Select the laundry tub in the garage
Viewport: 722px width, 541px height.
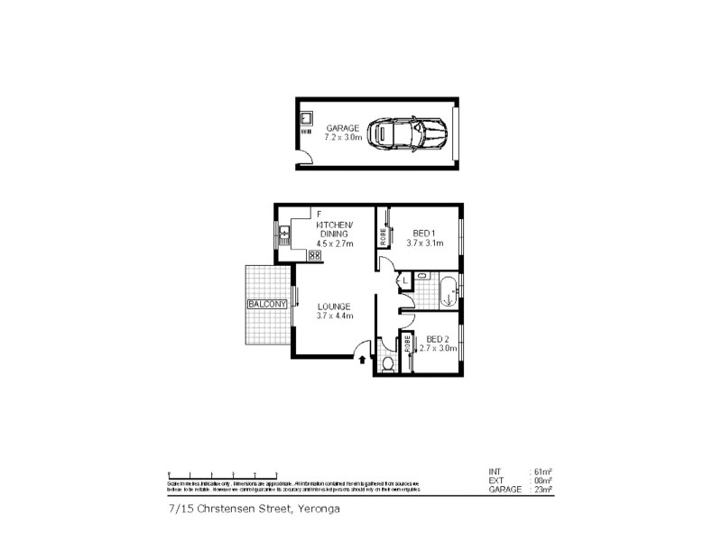click(306, 118)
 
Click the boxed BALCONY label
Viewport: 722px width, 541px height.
click(266, 305)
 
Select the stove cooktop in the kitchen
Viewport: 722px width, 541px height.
click(315, 255)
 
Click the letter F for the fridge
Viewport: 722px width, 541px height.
click(319, 214)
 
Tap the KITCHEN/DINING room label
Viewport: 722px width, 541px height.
click(334, 229)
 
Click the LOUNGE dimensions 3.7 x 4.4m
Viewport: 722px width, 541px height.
click(334, 316)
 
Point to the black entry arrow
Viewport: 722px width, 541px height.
click(363, 359)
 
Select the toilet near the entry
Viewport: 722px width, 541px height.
click(387, 363)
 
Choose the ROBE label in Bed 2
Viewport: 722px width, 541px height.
click(408, 344)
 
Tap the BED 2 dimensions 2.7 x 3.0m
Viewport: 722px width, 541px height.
click(440, 348)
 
